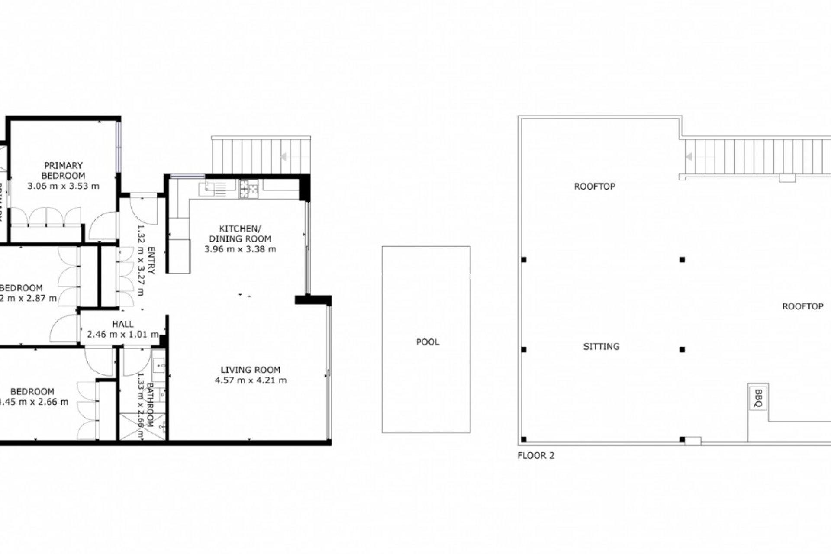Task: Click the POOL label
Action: click(428, 342)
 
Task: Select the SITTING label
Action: click(601, 346)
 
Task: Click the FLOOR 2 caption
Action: click(536, 455)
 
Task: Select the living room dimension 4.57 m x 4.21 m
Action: click(251, 380)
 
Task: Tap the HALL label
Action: click(123, 324)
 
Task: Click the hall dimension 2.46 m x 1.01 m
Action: click(123, 334)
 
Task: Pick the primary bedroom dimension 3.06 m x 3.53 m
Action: click(63, 186)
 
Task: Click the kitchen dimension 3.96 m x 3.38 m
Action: click(240, 249)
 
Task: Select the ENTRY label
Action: click(151, 260)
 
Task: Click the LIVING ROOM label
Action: click(251, 370)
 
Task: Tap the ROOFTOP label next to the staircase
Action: click(595, 187)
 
